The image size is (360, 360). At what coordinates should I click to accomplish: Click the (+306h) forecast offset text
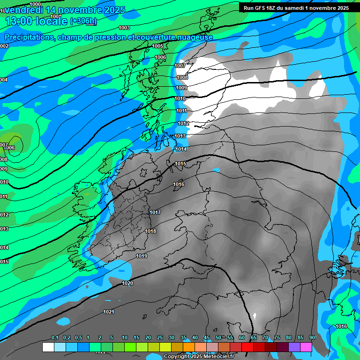click(x=83, y=21)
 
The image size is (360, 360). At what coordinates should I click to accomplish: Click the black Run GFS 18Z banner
click(x=296, y=8)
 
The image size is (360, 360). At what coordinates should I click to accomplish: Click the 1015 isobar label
click(x=180, y=164)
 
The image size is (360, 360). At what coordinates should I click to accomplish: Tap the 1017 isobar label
click(x=155, y=212)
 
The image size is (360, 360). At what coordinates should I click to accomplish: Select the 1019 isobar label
click(x=142, y=256)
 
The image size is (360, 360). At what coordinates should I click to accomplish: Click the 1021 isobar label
click(x=109, y=312)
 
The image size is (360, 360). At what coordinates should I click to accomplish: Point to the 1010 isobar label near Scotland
click(x=180, y=98)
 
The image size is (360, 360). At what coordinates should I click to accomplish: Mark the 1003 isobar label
click(x=124, y=28)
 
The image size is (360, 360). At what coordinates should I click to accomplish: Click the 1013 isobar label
click(x=180, y=136)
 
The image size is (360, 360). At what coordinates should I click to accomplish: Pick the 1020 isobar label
click(x=127, y=283)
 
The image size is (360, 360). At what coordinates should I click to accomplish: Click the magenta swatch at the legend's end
click(x=306, y=347)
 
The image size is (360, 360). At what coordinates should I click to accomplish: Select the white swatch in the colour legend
click(x=48, y=347)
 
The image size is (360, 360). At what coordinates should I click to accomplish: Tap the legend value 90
click(x=312, y=337)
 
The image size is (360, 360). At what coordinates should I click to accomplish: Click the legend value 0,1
click(x=55, y=337)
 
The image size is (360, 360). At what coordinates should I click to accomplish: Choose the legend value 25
click(x=160, y=337)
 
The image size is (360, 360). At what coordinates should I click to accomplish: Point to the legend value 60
click(x=242, y=337)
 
